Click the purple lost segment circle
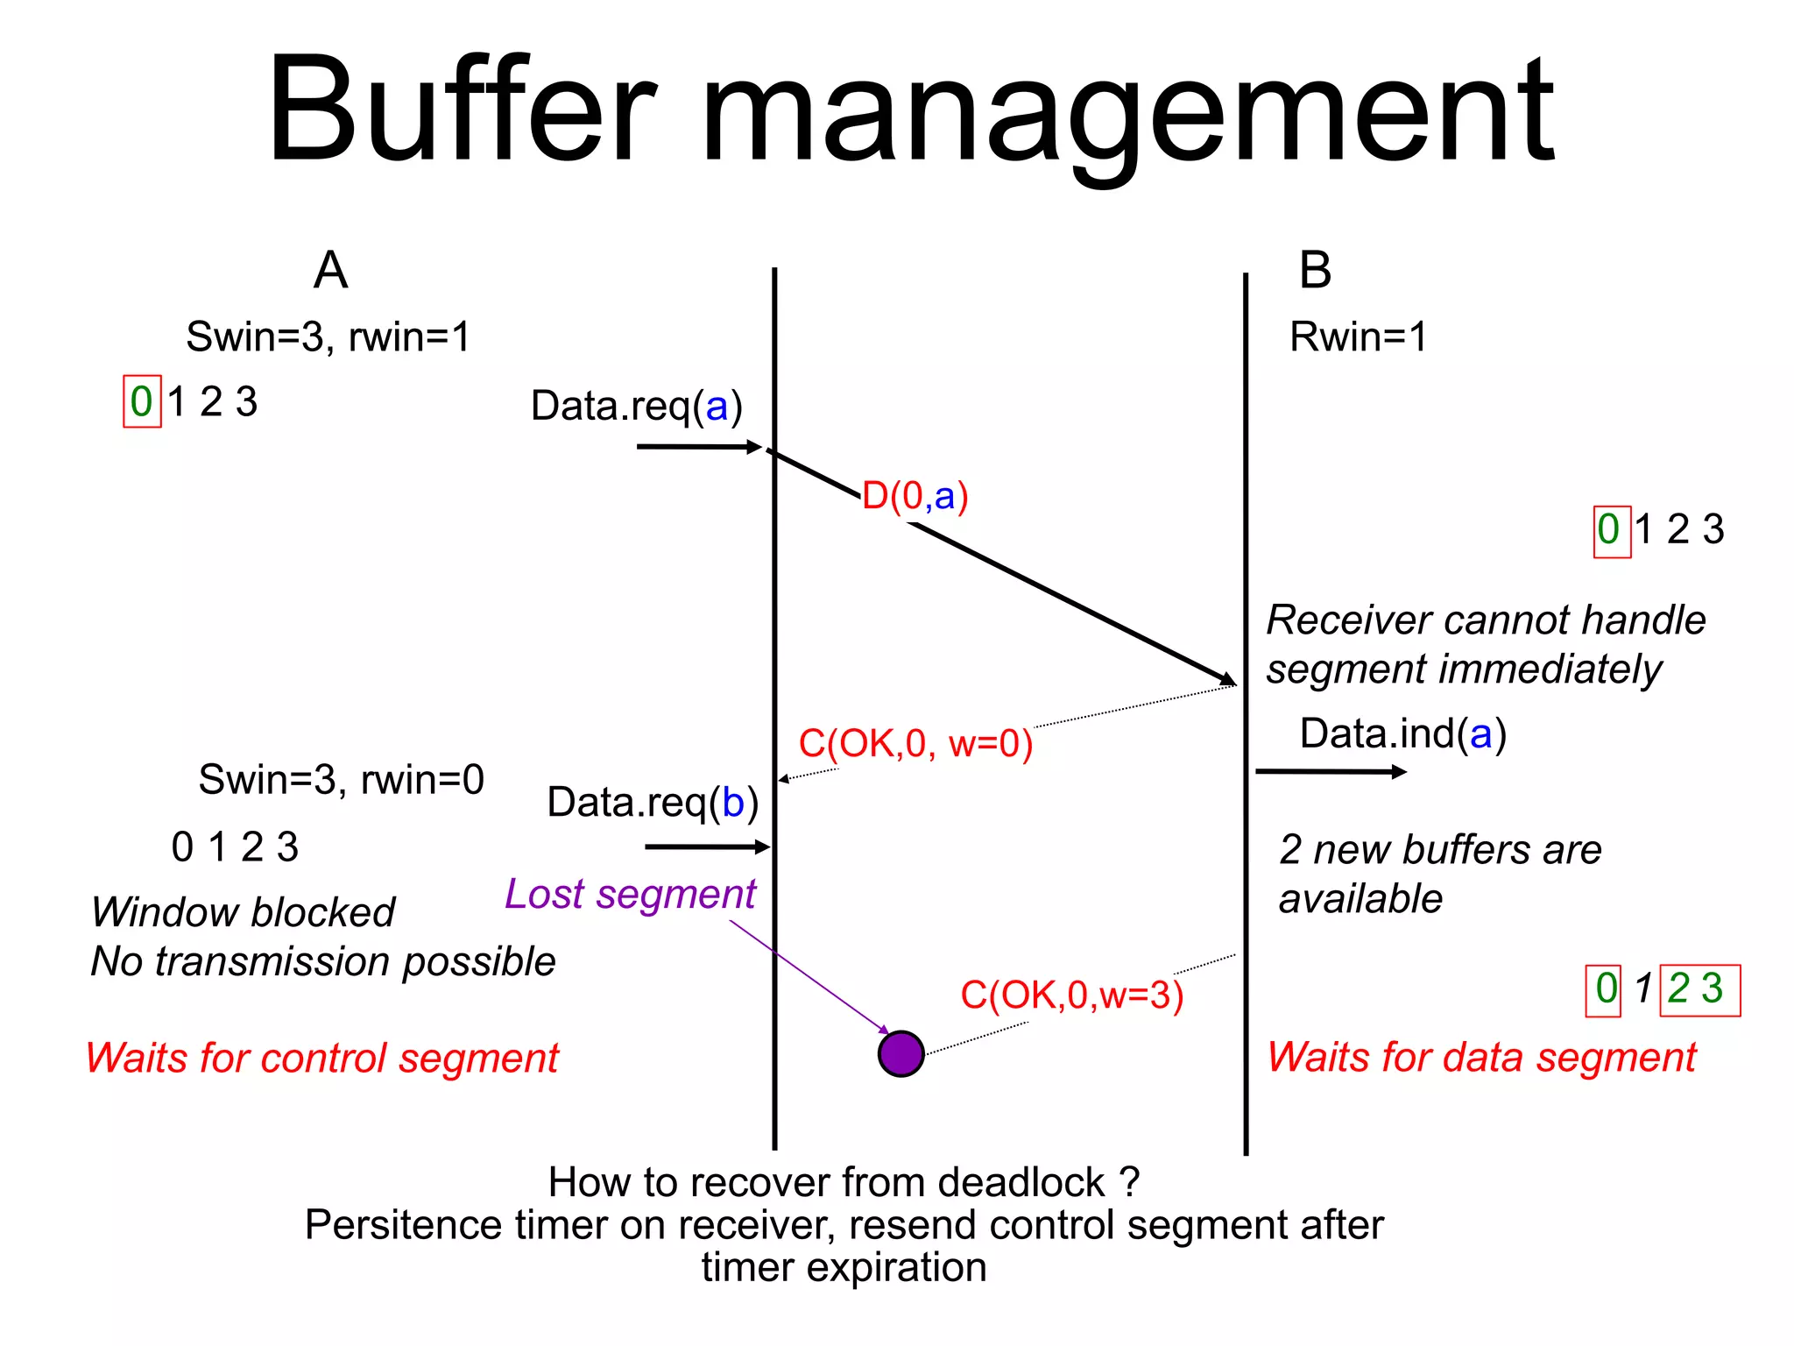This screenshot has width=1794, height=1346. (x=901, y=1053)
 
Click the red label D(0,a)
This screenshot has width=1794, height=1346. (x=915, y=497)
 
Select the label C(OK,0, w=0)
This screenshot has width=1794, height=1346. (x=915, y=744)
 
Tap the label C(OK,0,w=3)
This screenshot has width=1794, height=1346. (x=1071, y=995)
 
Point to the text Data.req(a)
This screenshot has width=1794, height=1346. (x=636, y=407)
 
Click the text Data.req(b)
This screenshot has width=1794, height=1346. (x=653, y=803)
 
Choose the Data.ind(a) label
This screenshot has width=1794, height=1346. (x=1402, y=734)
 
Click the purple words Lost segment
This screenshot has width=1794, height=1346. (x=630, y=895)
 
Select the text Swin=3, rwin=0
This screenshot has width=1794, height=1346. (x=341, y=780)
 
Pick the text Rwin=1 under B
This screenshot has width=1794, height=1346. (x=1358, y=337)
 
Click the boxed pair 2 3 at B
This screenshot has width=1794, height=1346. (x=1699, y=990)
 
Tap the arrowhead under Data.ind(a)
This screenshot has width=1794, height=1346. (x=1399, y=772)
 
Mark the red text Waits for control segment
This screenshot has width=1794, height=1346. (x=321, y=1059)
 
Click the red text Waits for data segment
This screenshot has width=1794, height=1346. (x=1481, y=1058)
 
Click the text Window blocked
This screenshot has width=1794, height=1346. (x=243, y=913)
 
